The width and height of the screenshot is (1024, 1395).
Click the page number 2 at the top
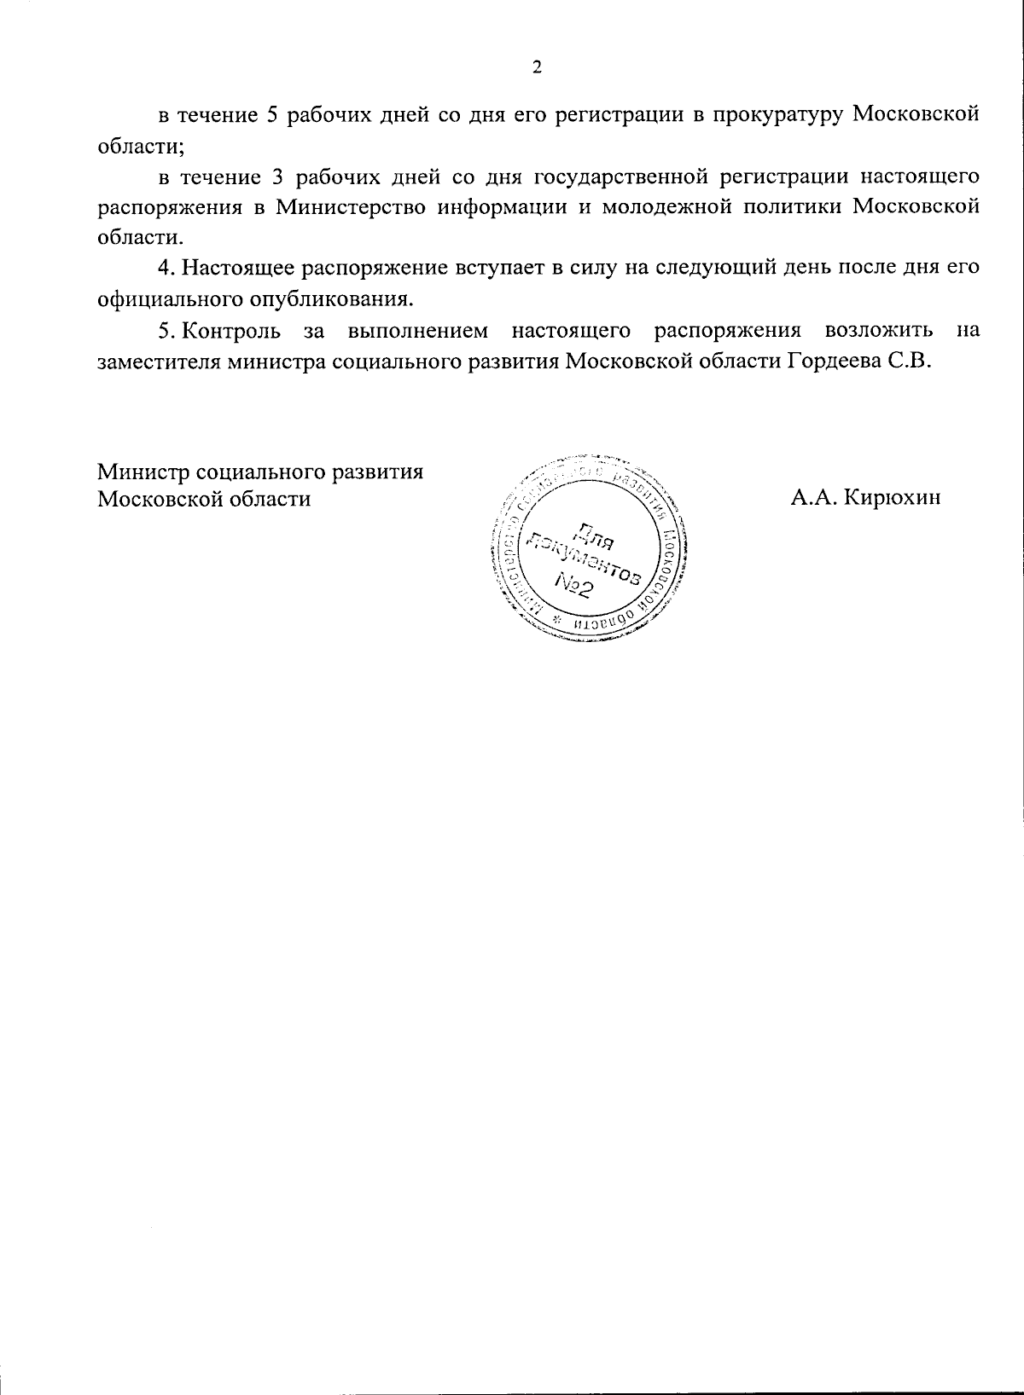(x=536, y=68)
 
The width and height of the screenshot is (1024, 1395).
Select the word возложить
(x=878, y=330)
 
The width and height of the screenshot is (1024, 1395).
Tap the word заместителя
(x=160, y=361)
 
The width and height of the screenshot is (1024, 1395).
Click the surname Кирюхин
(x=891, y=498)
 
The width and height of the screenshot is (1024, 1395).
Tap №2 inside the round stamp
(x=574, y=585)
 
